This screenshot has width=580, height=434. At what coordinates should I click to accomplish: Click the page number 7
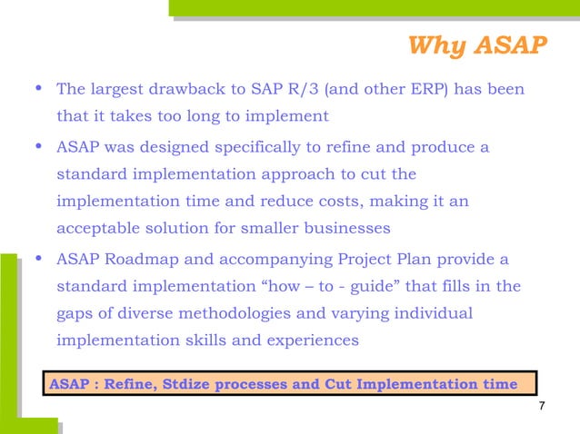click(x=542, y=405)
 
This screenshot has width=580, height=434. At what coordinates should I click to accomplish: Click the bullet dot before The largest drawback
click(x=35, y=89)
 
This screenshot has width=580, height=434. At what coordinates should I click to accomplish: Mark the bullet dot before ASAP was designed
click(x=35, y=145)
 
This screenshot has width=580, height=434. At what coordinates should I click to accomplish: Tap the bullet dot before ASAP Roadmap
click(x=35, y=259)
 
